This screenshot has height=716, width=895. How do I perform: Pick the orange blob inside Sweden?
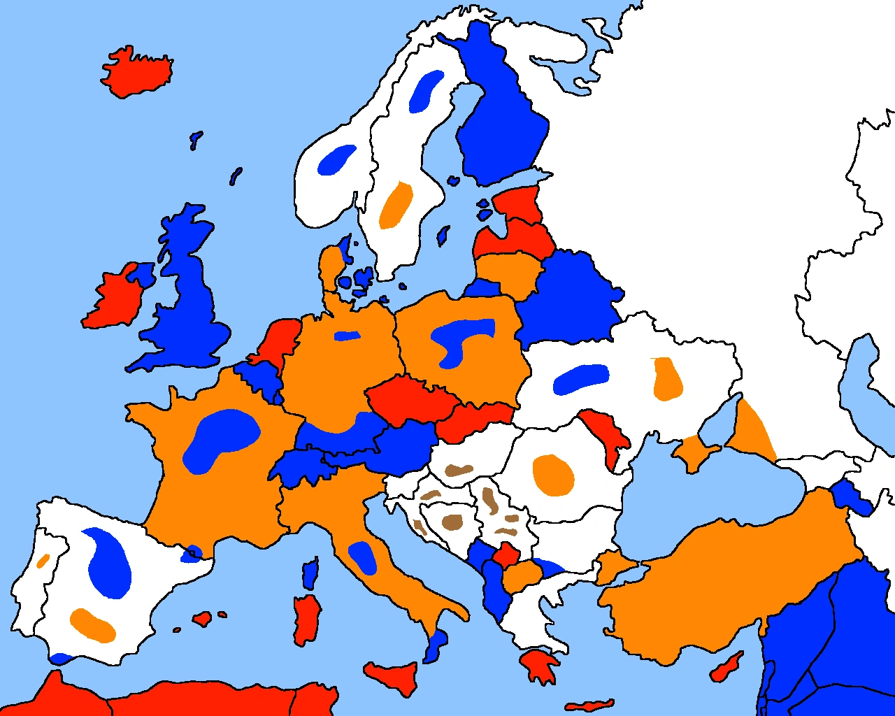coord(395,205)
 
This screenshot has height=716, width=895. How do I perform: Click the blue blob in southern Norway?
coord(336,159)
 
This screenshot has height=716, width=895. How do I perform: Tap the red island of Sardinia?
coord(306,620)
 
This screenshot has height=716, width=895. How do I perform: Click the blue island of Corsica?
coord(310,573)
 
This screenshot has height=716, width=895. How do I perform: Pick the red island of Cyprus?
coord(727,667)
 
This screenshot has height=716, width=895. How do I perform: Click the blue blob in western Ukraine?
coord(580,379)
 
